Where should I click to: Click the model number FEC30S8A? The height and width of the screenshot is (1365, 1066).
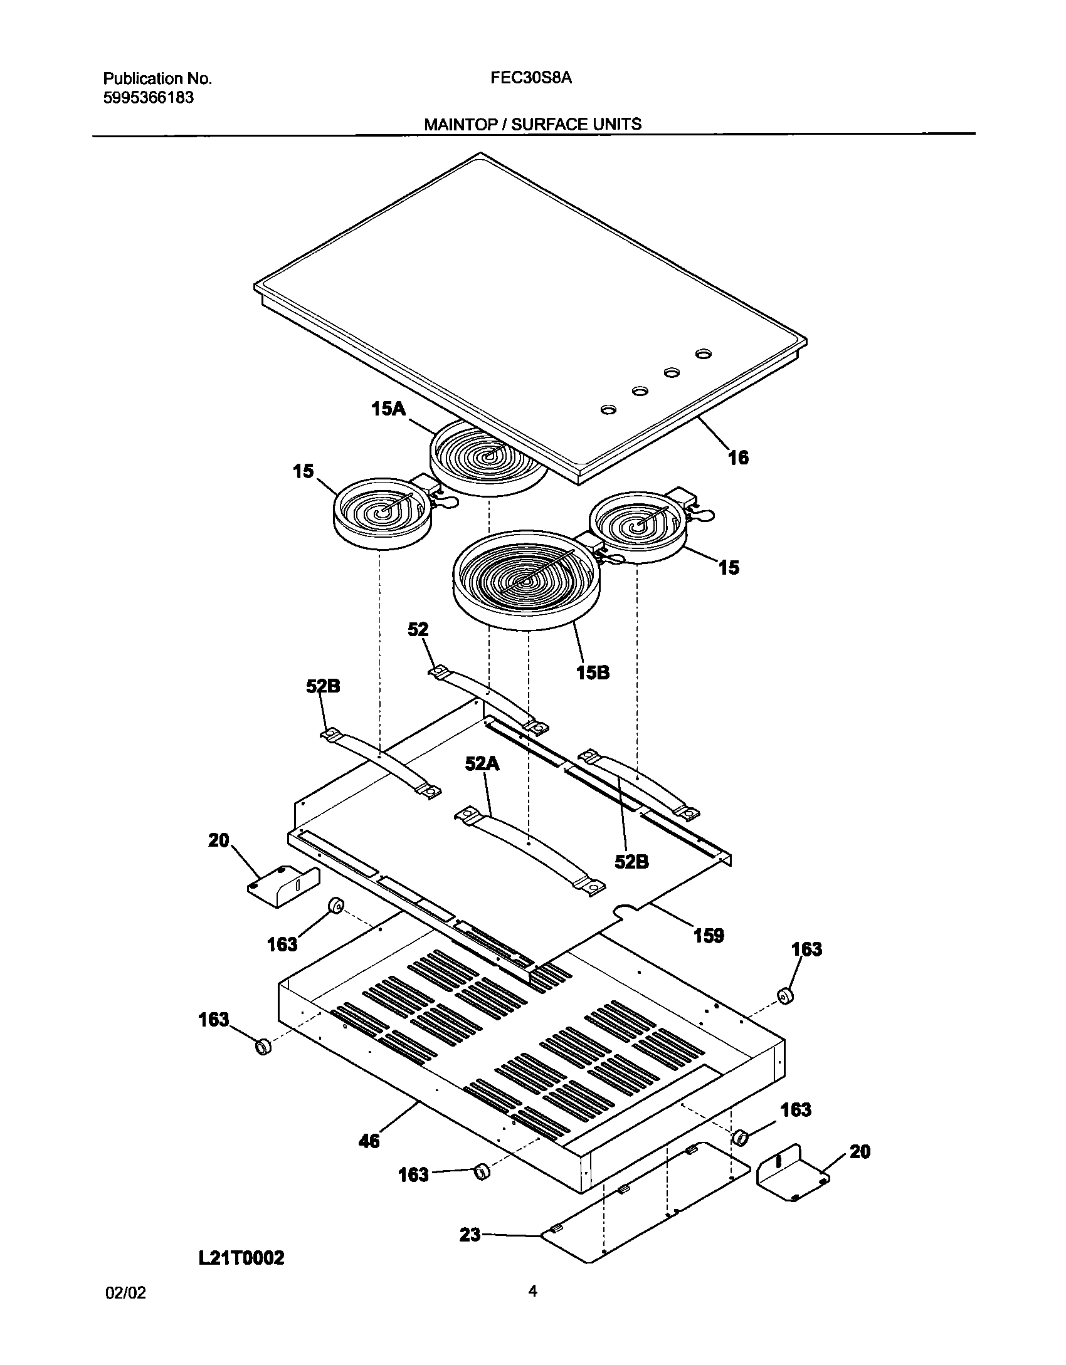[x=532, y=78]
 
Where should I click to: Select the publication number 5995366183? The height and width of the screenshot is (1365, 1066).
[x=148, y=98]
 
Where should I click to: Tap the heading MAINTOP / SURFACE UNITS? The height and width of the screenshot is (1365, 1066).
[x=532, y=124]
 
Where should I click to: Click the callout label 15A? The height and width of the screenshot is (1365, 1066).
[x=388, y=409]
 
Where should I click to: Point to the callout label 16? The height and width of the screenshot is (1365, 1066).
[x=738, y=458]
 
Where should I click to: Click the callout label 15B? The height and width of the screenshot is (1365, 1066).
[x=593, y=672]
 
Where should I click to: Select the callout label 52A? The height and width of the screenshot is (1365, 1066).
[x=482, y=763]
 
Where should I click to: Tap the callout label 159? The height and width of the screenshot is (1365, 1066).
[x=709, y=936]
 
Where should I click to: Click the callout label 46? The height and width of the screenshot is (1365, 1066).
[x=369, y=1141]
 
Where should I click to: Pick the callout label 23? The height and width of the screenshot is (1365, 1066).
[x=470, y=1235]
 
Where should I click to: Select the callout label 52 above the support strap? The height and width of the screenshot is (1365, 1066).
[x=418, y=629]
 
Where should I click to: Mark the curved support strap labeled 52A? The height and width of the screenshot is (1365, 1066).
[x=530, y=846]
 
